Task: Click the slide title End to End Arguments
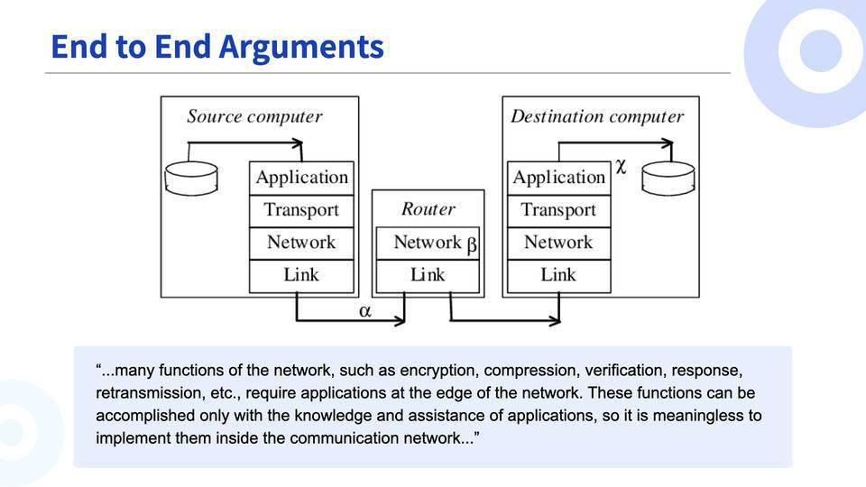(x=216, y=47)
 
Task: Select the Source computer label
(x=254, y=116)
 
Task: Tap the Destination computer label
(x=596, y=116)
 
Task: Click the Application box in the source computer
(x=301, y=178)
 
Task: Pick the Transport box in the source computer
(x=301, y=210)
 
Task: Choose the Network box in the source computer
(x=301, y=243)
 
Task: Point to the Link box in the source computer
(x=301, y=275)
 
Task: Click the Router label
(x=428, y=209)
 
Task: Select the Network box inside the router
(x=428, y=243)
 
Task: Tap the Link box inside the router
(x=428, y=275)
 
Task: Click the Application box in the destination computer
(x=558, y=178)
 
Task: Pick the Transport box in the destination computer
(x=558, y=210)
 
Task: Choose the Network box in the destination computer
(x=558, y=243)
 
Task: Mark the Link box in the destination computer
(x=558, y=275)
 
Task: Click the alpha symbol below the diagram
(x=365, y=311)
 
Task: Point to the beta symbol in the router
(x=472, y=244)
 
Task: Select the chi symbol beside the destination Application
(x=621, y=167)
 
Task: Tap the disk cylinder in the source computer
(x=192, y=177)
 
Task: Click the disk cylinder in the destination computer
(x=668, y=178)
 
